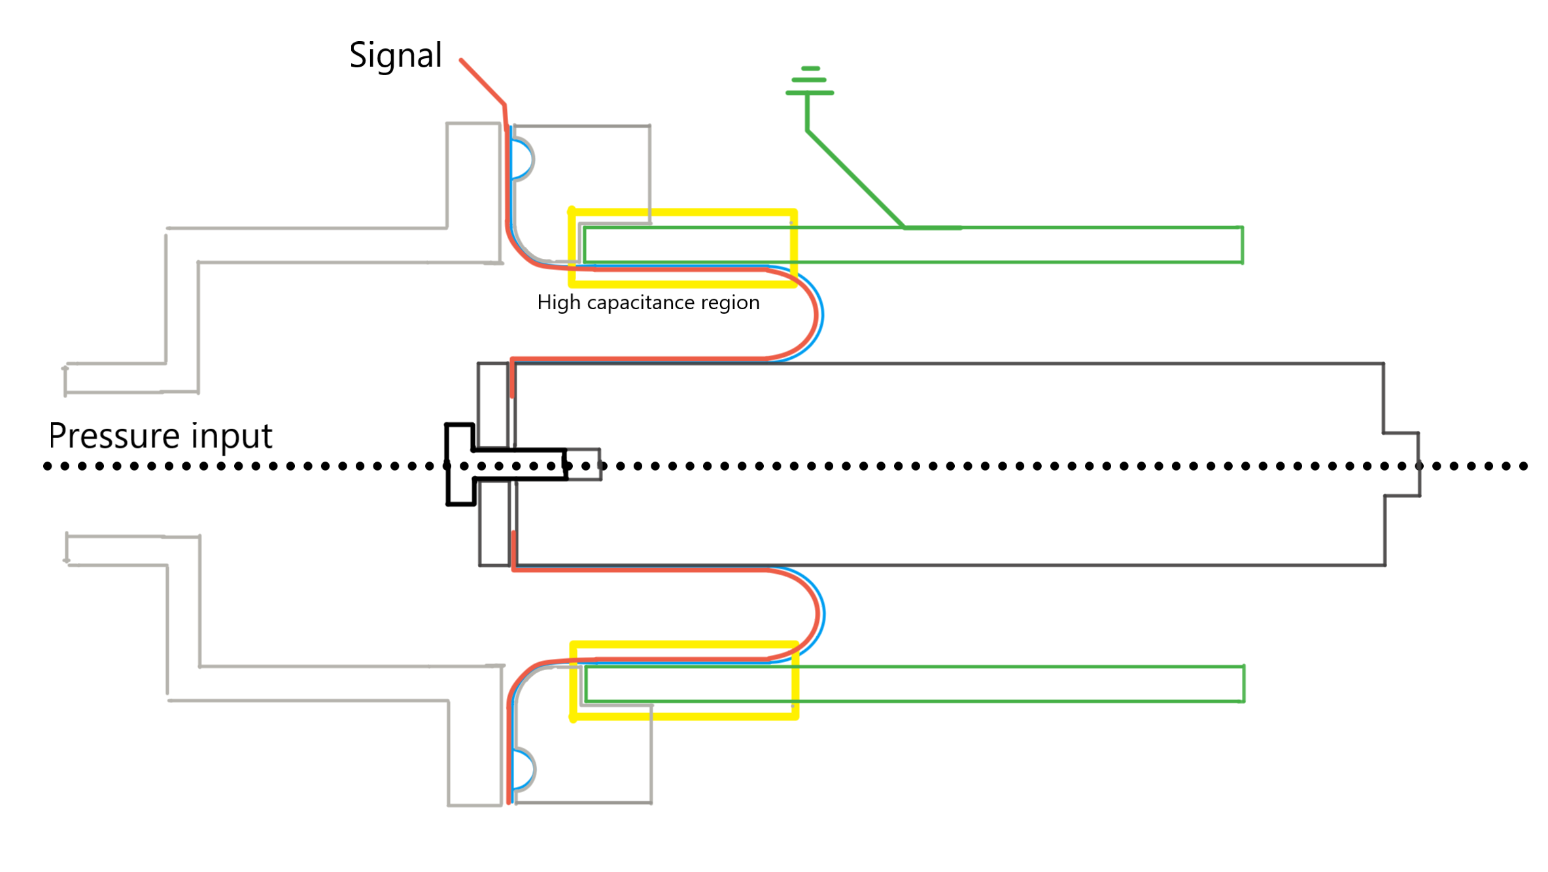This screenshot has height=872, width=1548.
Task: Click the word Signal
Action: [x=396, y=56]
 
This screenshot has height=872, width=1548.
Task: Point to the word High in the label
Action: [x=559, y=303]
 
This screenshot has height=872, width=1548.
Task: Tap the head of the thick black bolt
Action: [x=460, y=465]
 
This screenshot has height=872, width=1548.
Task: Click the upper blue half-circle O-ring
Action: [x=523, y=159]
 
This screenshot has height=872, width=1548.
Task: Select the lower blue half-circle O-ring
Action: [x=524, y=769]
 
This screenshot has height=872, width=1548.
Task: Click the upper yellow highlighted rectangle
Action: [x=683, y=212]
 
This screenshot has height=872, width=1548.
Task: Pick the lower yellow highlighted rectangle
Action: [x=684, y=716]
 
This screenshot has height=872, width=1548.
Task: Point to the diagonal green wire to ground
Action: [x=855, y=179]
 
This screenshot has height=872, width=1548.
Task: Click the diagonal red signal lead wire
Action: [x=483, y=82]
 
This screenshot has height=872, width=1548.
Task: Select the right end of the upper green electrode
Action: [x=1241, y=245]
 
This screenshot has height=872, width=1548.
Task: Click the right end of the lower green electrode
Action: [x=1243, y=684]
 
